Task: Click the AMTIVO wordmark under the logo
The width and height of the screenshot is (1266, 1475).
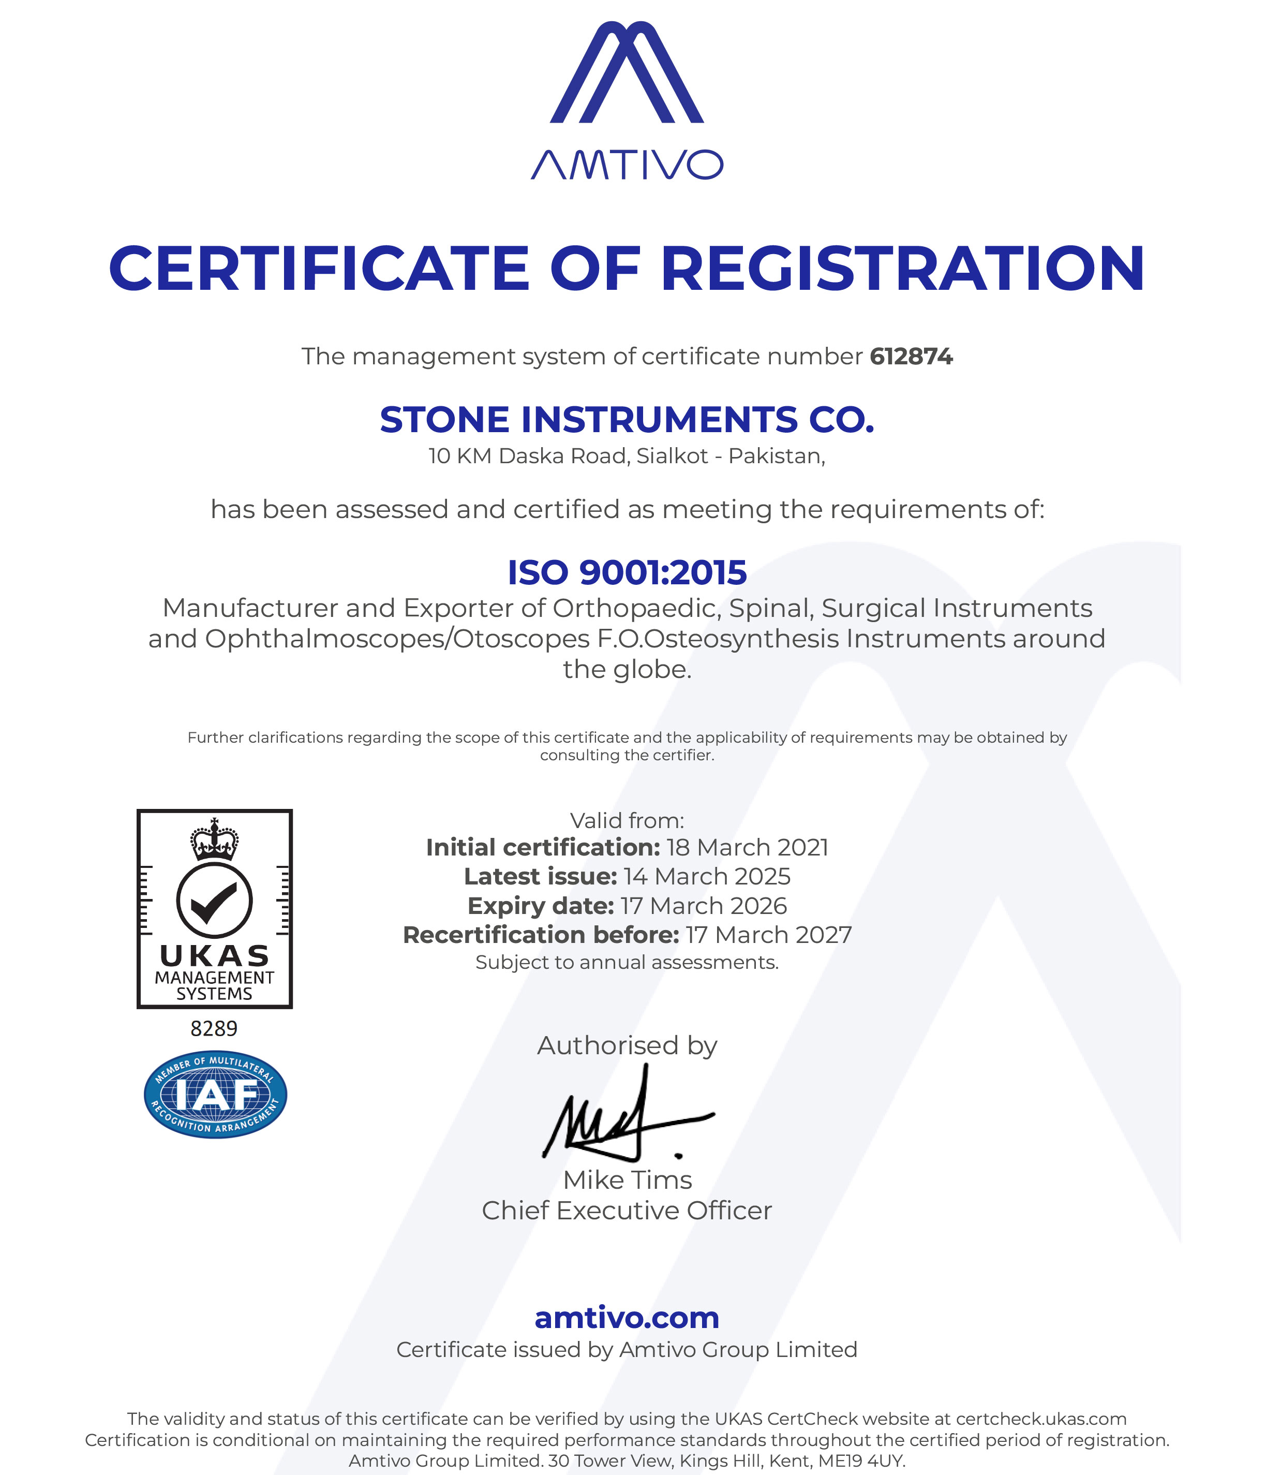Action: pos(626,165)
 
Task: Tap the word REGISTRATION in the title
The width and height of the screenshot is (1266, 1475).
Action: pos(902,269)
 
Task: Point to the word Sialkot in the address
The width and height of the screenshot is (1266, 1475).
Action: pos(672,455)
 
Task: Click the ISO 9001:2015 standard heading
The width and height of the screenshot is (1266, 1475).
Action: pos(626,572)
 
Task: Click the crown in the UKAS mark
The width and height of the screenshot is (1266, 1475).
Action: pos(214,839)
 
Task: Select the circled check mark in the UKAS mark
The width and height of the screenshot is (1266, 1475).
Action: pos(214,900)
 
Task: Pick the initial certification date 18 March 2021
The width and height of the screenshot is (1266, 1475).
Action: pos(747,847)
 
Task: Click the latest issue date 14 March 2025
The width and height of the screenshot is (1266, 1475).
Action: pos(707,876)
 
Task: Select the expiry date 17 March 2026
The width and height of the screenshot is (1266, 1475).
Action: pos(703,906)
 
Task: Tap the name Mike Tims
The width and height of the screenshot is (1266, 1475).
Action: pos(627,1179)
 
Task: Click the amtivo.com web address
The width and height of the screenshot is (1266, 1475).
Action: pos(626,1317)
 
